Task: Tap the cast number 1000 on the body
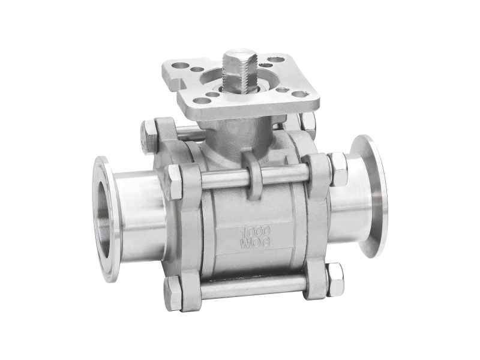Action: (254, 231)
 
